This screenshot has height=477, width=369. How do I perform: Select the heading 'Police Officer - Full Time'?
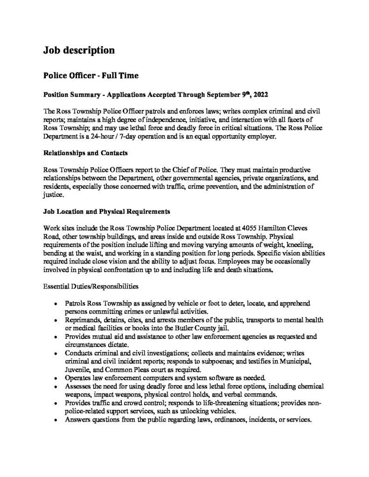coord(91,75)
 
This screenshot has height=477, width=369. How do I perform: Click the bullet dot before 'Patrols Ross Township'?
coord(56,303)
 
